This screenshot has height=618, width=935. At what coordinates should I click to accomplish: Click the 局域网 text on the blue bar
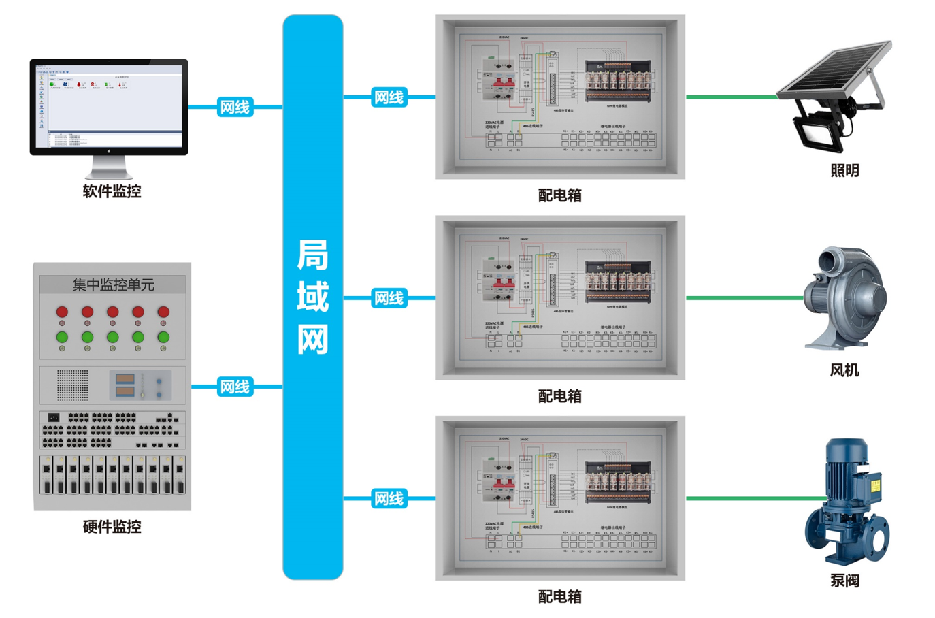click(312, 297)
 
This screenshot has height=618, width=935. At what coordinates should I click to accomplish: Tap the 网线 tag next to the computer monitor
click(235, 107)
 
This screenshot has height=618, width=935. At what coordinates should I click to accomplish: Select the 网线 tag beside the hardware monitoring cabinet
click(235, 387)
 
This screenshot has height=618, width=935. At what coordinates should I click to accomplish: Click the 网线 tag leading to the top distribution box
click(389, 97)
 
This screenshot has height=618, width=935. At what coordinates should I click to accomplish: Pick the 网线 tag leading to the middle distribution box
click(389, 298)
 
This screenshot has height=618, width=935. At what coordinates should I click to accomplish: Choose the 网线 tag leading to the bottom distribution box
click(389, 499)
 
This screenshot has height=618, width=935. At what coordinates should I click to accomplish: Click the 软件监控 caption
click(112, 191)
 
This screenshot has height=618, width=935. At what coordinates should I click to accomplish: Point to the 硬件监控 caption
click(112, 526)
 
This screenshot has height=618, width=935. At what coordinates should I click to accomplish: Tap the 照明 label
click(844, 170)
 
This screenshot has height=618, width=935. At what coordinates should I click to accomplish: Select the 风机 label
click(844, 370)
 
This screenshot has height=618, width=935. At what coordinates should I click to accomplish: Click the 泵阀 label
click(844, 581)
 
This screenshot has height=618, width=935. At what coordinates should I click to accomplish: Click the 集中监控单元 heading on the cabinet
click(113, 284)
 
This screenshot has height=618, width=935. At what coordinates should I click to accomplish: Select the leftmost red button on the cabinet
click(62, 312)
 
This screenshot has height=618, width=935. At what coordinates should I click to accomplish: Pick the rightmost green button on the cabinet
click(163, 337)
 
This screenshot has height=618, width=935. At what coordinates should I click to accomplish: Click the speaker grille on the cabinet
click(72, 385)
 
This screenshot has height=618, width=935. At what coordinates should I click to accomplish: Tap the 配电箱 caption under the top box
click(559, 195)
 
